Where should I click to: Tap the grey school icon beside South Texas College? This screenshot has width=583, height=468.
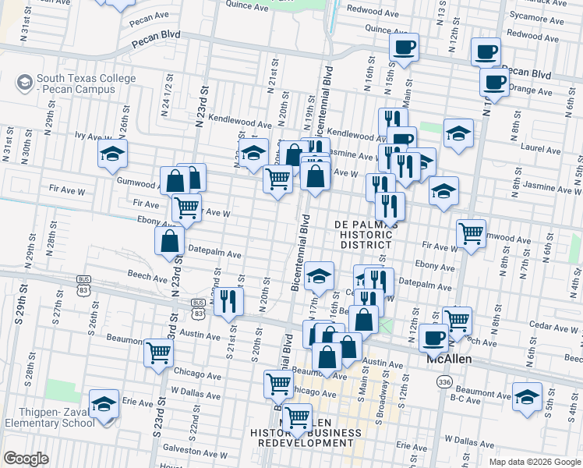25,80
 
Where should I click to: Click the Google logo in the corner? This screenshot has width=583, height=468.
26,459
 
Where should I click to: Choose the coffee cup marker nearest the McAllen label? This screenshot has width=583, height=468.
434,338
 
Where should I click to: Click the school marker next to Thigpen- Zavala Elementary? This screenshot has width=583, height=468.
104,404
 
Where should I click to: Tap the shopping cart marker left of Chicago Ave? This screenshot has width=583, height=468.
159,352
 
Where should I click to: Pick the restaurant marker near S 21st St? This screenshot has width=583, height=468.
228,301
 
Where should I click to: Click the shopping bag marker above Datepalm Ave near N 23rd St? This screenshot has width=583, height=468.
169,241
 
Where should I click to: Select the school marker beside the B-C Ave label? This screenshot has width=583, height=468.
527,396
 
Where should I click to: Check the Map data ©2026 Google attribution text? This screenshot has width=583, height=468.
534,462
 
